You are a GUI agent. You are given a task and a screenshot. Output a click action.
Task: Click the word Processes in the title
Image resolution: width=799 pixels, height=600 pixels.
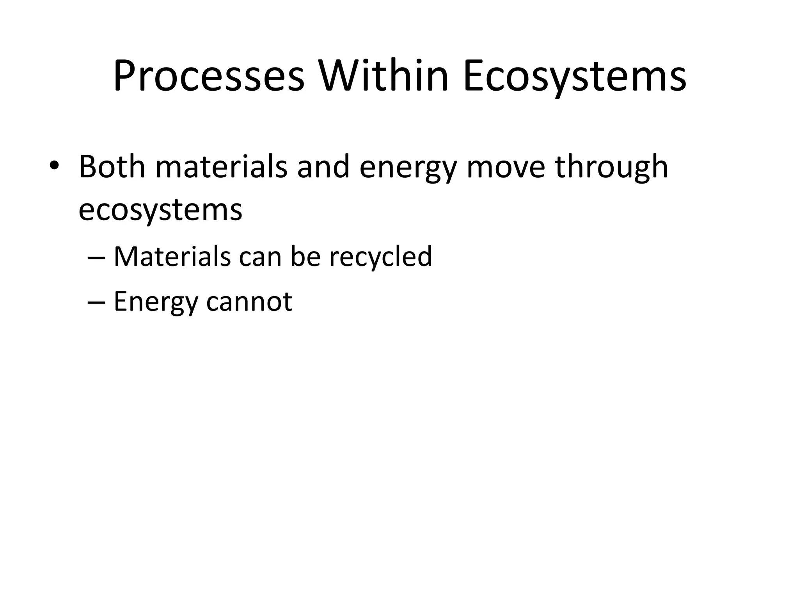208,76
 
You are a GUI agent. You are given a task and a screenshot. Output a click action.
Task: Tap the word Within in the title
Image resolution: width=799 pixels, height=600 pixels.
384,76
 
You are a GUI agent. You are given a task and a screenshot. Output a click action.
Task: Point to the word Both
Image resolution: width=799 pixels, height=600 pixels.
112,167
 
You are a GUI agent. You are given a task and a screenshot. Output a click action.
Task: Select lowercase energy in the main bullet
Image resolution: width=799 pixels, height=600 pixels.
408,170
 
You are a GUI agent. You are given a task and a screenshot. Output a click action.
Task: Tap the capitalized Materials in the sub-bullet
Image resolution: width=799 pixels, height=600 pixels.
172,257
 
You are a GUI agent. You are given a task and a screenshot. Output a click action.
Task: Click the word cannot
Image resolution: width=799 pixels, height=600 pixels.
249,302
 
